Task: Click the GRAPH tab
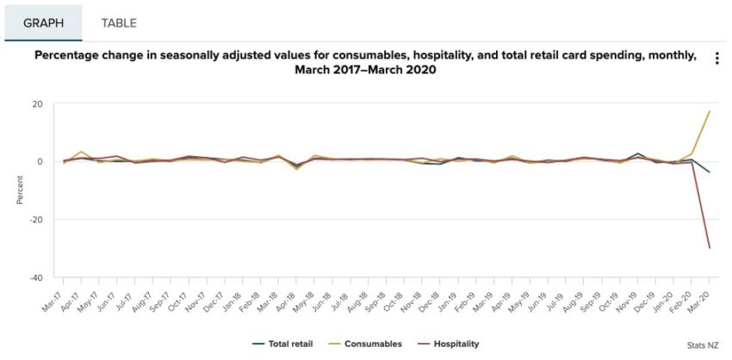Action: point(43,23)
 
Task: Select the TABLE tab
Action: point(119,23)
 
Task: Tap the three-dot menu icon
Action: point(716,59)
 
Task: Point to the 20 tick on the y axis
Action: point(37,104)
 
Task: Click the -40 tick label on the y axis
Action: point(35,277)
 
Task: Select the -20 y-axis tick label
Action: point(35,220)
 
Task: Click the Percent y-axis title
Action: point(19,190)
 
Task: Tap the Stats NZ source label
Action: point(703,345)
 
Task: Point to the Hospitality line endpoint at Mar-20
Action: point(709,248)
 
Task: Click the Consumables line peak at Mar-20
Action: point(709,111)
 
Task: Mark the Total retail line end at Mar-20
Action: point(709,172)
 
